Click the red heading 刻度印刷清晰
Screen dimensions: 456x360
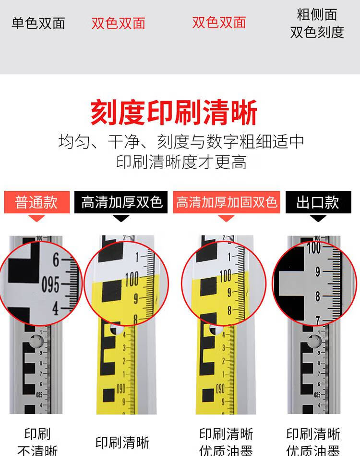coord(174,113)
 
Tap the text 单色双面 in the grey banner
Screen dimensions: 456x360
coord(38,24)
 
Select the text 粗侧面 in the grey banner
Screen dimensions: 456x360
coord(317,14)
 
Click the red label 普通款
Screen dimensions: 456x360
coord(36,202)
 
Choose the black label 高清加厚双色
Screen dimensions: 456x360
coord(121,202)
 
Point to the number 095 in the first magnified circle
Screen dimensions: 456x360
coord(50,285)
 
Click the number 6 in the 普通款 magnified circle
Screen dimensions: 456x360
coord(56,261)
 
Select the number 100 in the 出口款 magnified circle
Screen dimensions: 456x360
coord(313,248)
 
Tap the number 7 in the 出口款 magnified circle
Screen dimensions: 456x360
coord(317,320)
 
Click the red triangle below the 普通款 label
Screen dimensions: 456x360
coord(36,218)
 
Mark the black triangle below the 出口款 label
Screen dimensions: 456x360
coord(318,218)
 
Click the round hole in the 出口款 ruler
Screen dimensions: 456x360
coord(314,342)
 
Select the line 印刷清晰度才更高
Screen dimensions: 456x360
coord(181,162)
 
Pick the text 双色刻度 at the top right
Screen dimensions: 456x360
coord(317,32)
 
